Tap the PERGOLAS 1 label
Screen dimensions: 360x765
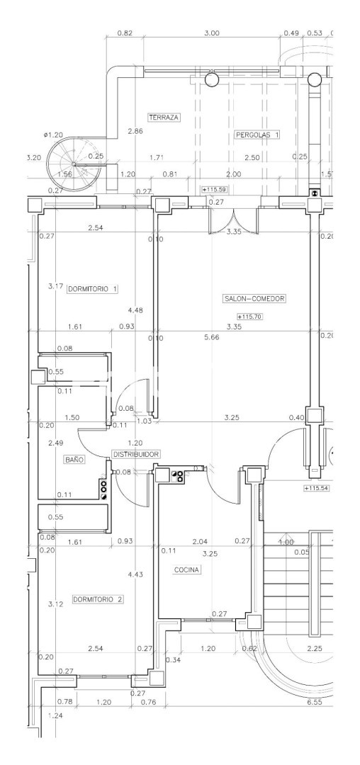[257, 135]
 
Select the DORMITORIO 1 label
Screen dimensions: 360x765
[93, 289]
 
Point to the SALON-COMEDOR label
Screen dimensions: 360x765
[254, 299]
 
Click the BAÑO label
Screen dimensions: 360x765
[74, 459]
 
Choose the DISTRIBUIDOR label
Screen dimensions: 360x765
[136, 454]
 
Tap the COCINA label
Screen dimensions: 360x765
[187, 569]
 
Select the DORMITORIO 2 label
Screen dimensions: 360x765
[98, 599]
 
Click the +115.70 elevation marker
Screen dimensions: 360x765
[249, 317]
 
